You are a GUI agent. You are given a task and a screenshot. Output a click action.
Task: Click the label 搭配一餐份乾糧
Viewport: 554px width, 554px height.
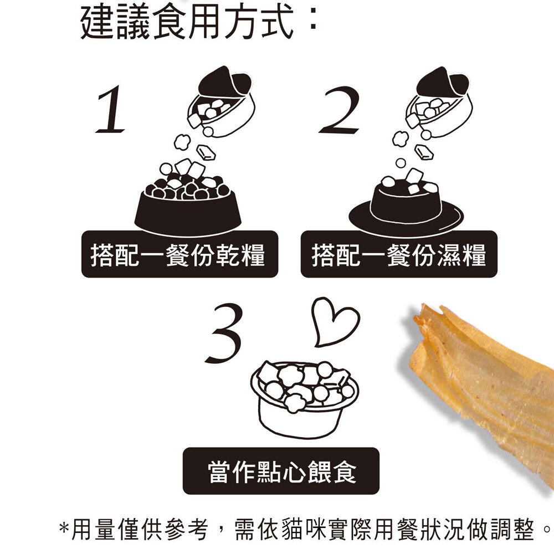point(179,255)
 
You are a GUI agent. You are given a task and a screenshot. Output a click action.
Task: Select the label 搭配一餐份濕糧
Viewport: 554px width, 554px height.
point(399,255)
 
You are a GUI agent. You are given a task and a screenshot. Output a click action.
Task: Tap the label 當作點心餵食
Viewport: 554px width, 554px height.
point(281,472)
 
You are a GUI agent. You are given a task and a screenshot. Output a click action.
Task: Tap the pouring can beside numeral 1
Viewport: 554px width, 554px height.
point(222,102)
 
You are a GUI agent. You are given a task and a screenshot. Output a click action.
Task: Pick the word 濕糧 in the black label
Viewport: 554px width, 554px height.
point(461,255)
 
